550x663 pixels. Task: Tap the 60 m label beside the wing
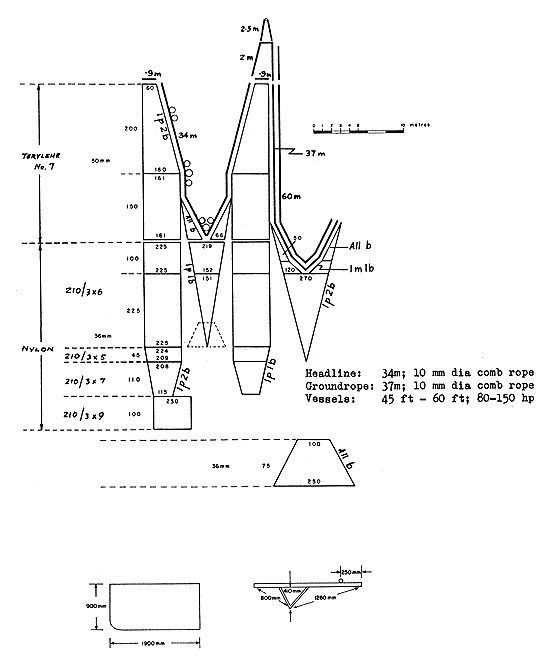point(292,196)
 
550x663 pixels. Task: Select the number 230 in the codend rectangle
point(169,402)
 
